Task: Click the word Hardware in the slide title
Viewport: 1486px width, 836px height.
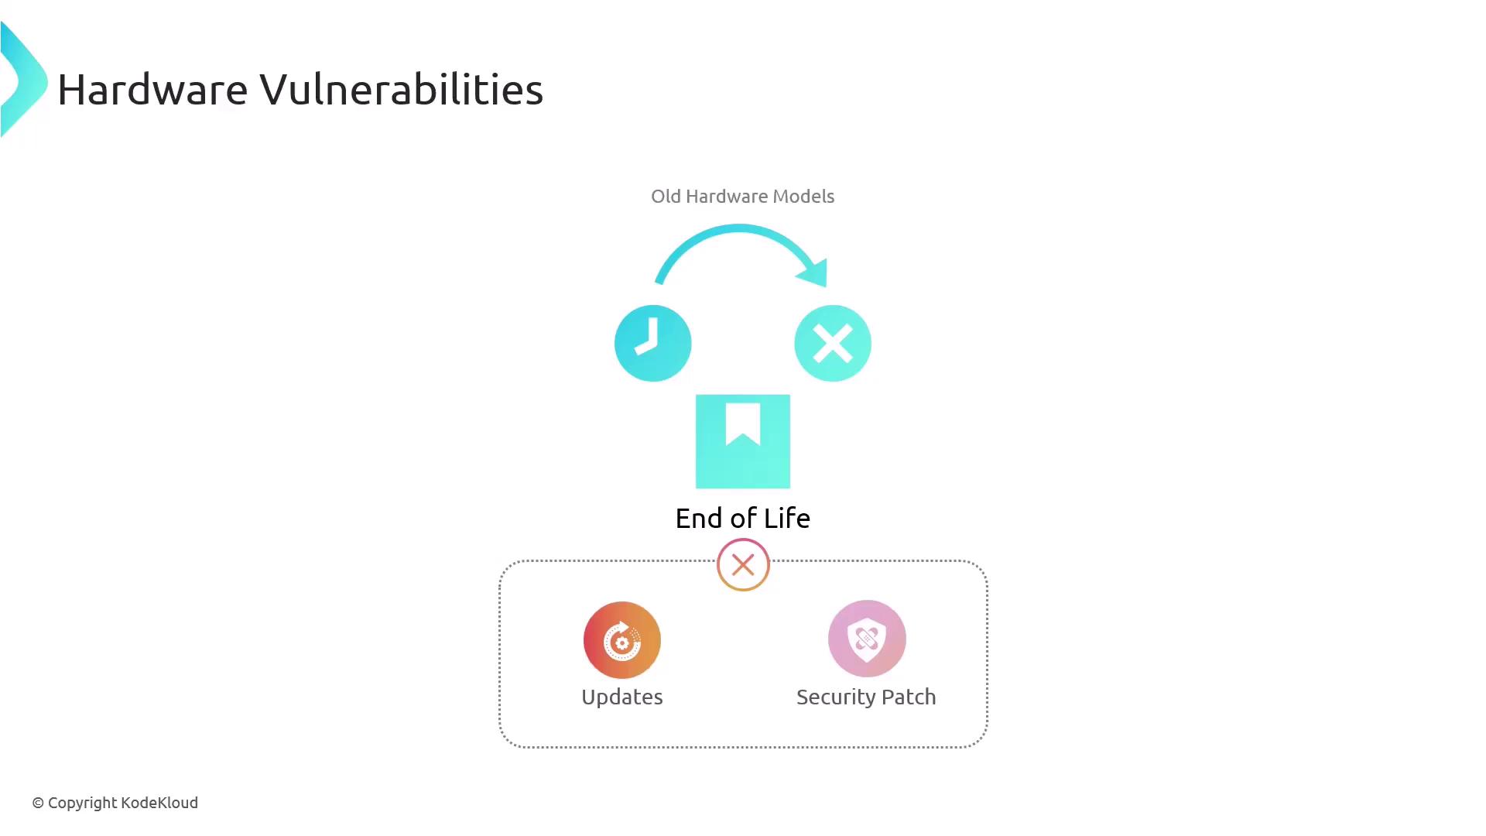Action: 152,89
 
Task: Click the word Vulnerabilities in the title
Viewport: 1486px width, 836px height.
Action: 402,89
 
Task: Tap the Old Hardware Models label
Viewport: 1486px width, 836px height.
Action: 742,197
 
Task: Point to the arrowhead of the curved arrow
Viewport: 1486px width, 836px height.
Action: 814,272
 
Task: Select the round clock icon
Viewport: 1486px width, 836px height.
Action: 652,343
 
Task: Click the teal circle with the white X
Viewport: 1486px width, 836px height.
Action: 833,343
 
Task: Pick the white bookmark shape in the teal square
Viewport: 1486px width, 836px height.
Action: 743,423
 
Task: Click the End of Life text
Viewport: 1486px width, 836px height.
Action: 743,518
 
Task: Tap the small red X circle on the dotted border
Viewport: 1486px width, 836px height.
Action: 743,565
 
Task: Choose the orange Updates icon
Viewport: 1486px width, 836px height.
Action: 622,640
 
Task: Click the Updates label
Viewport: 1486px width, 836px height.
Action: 622,697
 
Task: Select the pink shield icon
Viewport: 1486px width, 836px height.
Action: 867,639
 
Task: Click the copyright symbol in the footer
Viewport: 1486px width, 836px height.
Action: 38,803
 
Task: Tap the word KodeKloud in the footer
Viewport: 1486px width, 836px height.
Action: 159,803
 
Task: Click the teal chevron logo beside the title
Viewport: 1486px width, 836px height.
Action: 24,80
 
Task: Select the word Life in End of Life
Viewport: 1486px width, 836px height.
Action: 787,518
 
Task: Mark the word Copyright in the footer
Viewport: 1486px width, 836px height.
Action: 82,803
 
